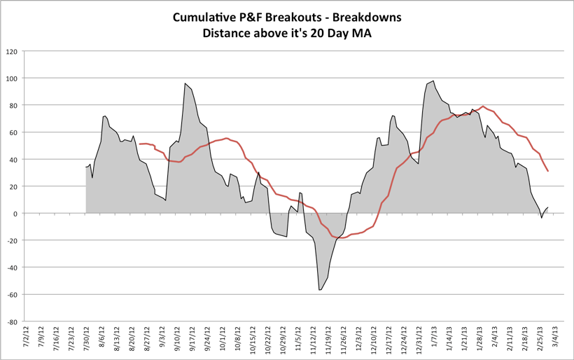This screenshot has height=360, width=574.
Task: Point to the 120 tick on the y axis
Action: [12, 51]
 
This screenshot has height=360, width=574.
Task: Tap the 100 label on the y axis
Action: [12, 78]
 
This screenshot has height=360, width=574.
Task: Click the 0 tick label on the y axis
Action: [16, 214]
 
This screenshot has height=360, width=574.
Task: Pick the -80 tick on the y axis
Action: [12, 322]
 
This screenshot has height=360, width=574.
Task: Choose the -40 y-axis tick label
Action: [12, 268]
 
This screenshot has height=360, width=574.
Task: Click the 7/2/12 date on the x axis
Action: [25, 337]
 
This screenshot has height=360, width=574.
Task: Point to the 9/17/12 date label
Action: [191, 337]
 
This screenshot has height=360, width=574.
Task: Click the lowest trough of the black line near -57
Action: [319, 290]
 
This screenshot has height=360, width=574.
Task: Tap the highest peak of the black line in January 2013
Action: [433, 81]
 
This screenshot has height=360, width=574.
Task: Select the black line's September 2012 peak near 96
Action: [185, 83]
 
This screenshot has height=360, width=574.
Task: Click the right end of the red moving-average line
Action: [547, 171]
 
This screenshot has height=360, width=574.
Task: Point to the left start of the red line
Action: [139, 144]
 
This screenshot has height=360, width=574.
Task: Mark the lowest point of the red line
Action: [342, 238]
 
